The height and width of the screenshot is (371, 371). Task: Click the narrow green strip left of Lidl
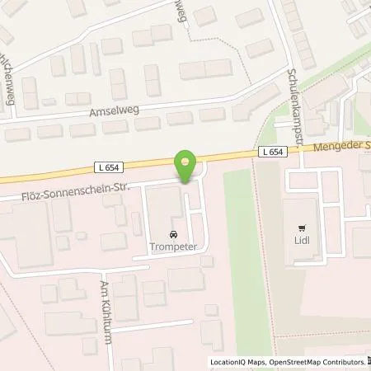click(x=235, y=247)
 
